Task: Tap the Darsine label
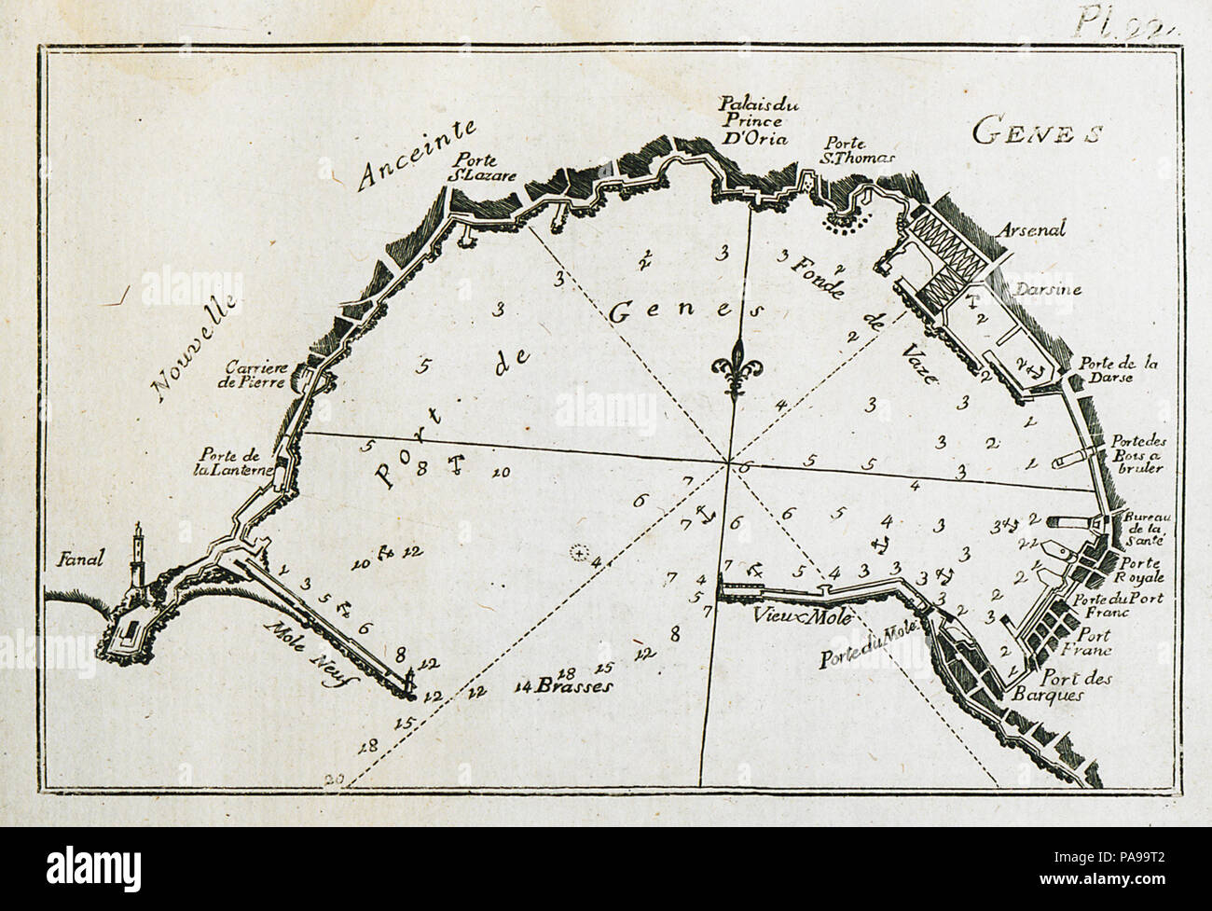click(1049, 290)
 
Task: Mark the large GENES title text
click(1036, 132)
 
